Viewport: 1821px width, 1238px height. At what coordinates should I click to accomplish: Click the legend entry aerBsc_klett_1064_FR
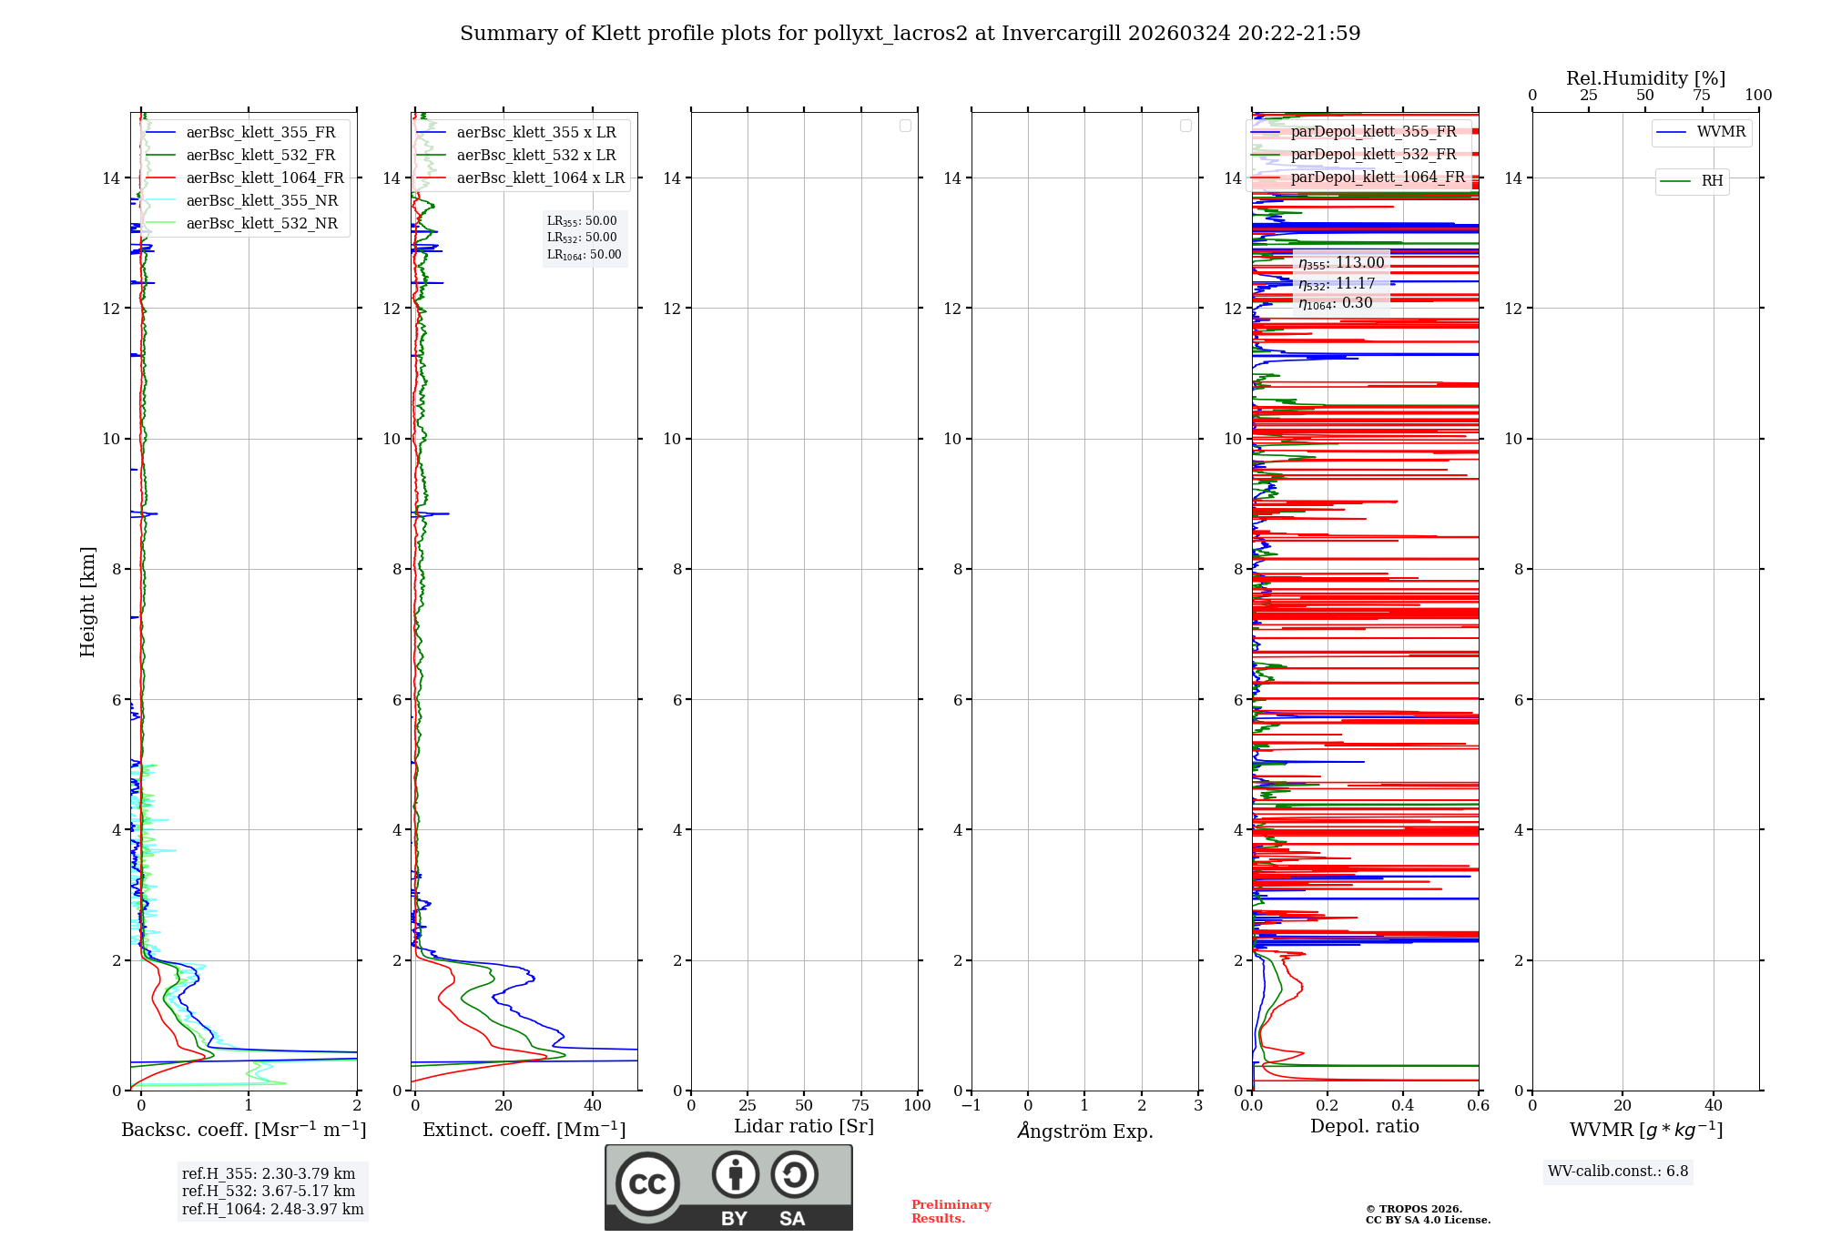(x=265, y=178)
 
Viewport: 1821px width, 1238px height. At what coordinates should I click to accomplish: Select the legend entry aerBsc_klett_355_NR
(x=262, y=201)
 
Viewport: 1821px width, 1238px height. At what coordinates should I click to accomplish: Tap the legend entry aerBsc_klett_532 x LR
(x=536, y=156)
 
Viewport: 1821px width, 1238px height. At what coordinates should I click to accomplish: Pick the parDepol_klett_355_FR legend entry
(x=1373, y=132)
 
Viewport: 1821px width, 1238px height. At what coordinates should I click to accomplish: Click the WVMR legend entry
(x=1721, y=132)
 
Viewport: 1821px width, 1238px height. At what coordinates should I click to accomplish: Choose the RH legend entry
(x=1712, y=181)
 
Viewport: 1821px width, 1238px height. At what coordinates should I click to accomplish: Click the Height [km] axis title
(x=87, y=602)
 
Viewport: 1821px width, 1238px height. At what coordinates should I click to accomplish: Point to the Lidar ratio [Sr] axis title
(x=804, y=1127)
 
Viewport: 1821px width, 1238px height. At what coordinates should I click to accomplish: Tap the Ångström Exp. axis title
(x=1085, y=1131)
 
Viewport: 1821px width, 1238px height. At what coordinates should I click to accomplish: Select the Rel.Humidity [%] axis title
(x=1645, y=78)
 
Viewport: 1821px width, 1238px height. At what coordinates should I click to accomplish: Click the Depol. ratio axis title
(x=1364, y=1127)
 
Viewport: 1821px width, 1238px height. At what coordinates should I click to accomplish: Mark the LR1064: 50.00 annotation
(x=584, y=255)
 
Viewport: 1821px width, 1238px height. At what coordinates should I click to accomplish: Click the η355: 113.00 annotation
(x=1341, y=263)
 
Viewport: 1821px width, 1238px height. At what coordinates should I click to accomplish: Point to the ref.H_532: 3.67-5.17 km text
(x=269, y=1192)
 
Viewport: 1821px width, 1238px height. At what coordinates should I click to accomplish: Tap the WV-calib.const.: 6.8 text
(x=1618, y=1172)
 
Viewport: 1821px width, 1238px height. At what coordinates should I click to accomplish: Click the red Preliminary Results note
(x=951, y=1212)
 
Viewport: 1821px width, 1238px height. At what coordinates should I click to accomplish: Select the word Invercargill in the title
(x=1061, y=34)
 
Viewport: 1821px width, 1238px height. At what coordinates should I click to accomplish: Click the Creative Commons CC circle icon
(x=647, y=1184)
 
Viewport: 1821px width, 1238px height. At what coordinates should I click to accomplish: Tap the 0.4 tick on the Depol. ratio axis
(x=1403, y=1106)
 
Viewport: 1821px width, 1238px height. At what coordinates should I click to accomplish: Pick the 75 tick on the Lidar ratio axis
(x=860, y=1106)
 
